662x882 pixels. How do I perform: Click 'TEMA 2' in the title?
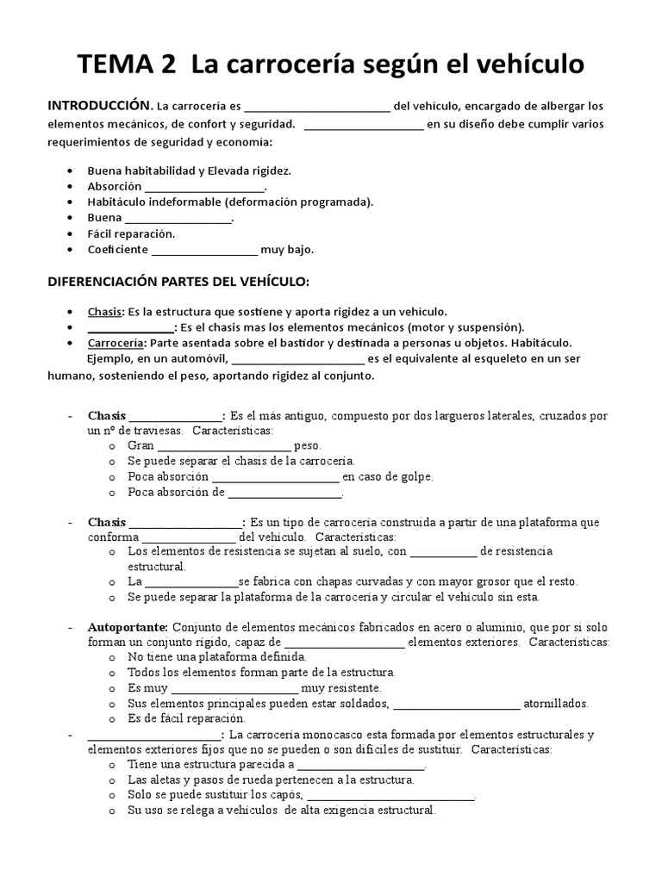[129, 64]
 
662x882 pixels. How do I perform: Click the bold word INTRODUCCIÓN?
[98, 106]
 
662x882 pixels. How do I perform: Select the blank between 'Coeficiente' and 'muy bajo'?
[204, 252]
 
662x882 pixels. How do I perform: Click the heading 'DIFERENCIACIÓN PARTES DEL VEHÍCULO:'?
[178, 283]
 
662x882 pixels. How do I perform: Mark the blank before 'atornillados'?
[457, 704]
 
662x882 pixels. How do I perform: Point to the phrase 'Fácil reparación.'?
[131, 234]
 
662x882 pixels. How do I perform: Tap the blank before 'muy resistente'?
[235, 689]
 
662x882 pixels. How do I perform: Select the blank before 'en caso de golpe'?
[275, 477]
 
